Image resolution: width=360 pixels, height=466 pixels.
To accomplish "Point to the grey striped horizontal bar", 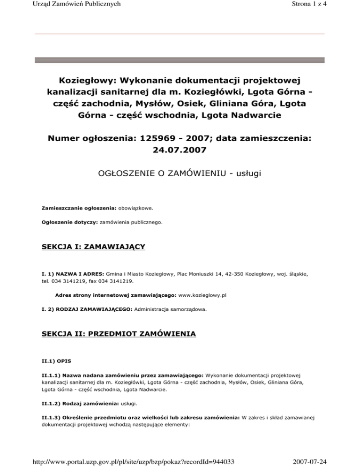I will coord(180,60).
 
